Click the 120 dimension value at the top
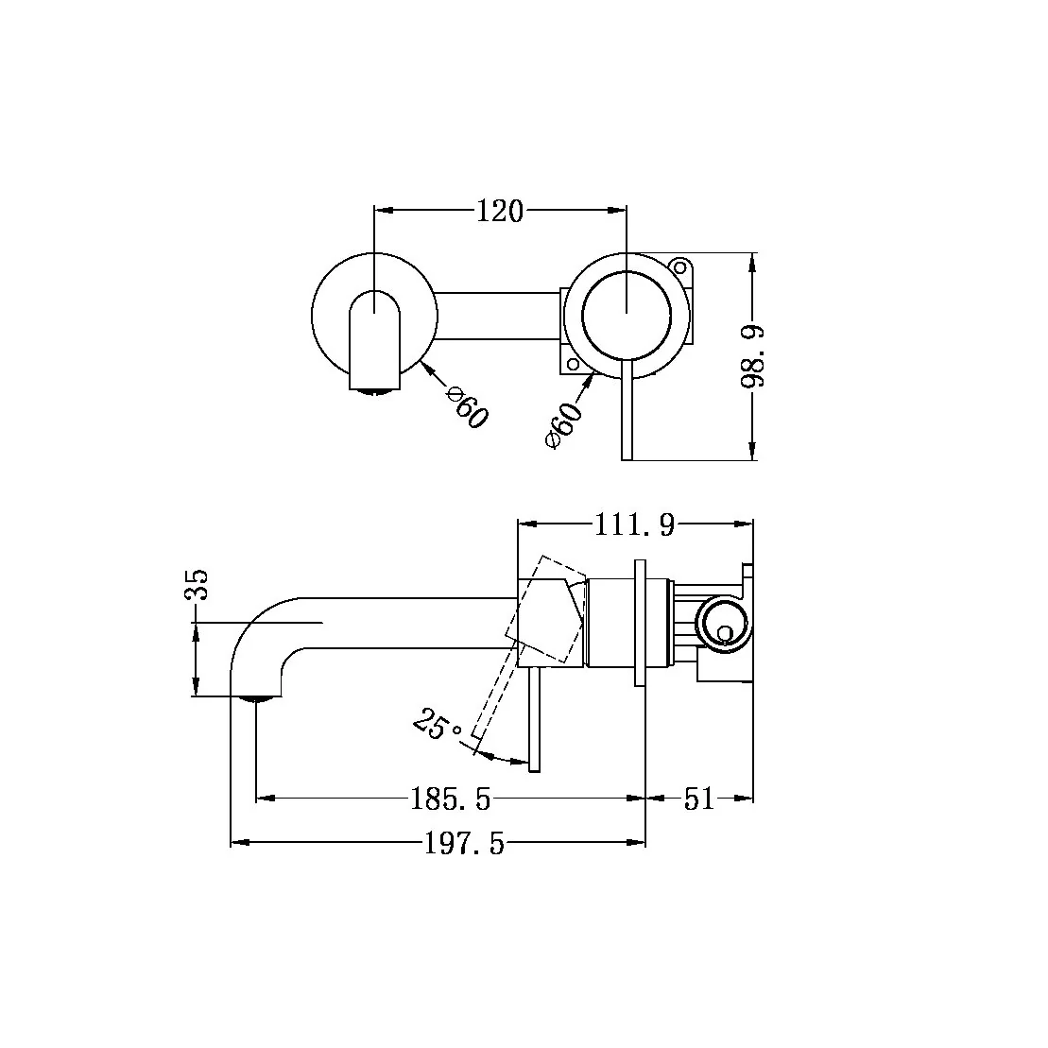499,212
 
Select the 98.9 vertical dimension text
753,356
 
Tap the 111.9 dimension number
634,524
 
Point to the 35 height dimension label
197,585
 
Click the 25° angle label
438,727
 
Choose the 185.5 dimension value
451,799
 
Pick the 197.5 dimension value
464,843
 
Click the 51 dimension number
698,799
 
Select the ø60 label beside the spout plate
467,407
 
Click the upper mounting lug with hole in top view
679,266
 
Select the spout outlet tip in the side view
256,698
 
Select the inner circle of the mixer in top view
627,313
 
